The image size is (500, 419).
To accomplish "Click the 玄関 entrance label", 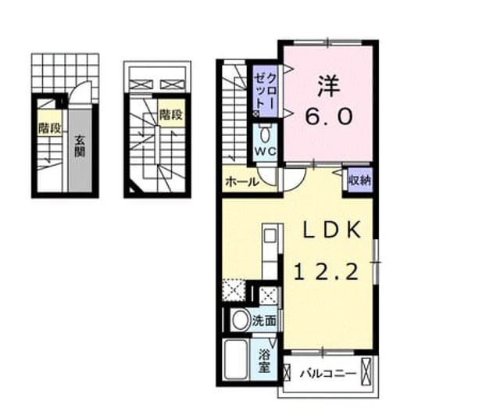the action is point(80,146).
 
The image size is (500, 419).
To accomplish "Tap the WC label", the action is point(266,151).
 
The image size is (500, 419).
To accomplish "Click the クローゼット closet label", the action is point(266,91).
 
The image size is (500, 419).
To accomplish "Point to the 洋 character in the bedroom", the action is point(328,87).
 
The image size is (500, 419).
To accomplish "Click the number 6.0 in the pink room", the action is point(329,116).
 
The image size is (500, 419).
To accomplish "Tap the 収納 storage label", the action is point(359,181).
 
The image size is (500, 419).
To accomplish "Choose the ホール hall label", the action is point(241,182).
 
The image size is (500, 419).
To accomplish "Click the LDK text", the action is point(331,230).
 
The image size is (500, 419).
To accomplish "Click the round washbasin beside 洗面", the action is point(241,320).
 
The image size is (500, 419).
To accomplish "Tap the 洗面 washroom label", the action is point(264,321).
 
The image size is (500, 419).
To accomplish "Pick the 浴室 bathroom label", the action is point(265,361).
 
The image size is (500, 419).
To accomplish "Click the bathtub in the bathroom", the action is point(236,360).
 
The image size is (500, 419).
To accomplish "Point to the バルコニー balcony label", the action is point(327,374).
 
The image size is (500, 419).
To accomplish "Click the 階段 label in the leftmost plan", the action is point(49,128).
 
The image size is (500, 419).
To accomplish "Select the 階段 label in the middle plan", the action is point(172,114).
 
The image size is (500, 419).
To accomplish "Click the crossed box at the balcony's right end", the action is point(366,371).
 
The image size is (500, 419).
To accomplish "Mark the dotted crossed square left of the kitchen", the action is point(234,290).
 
